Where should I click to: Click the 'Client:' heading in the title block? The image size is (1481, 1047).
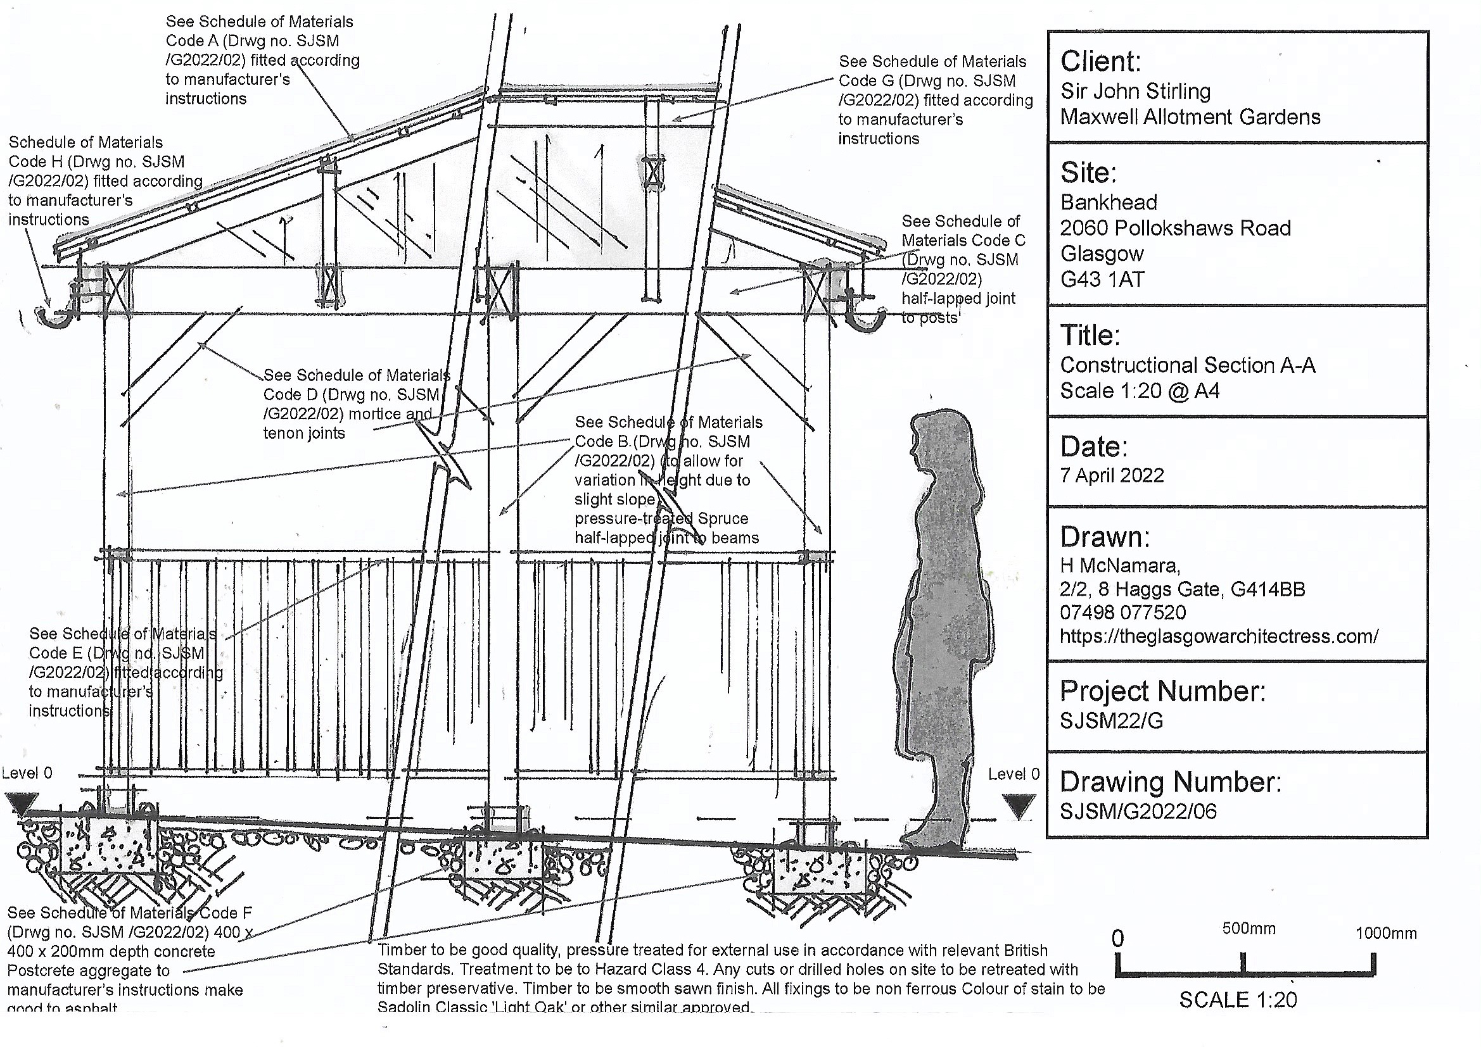(x=1100, y=61)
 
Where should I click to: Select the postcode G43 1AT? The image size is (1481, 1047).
(x=1102, y=279)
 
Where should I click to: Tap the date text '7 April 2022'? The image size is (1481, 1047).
(x=1112, y=475)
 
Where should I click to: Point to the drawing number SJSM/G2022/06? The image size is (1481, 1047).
(x=1138, y=811)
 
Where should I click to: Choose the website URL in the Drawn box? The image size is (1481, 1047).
(x=1219, y=636)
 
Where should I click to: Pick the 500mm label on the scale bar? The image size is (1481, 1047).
(x=1249, y=929)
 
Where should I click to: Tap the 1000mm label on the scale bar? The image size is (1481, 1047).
(x=1385, y=933)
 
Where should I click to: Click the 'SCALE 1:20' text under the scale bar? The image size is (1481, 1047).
(x=1238, y=1000)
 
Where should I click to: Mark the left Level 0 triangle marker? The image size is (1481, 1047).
(x=22, y=804)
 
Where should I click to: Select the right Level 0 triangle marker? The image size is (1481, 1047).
(x=1019, y=806)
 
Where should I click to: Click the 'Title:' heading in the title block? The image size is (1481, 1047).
(x=1090, y=335)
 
